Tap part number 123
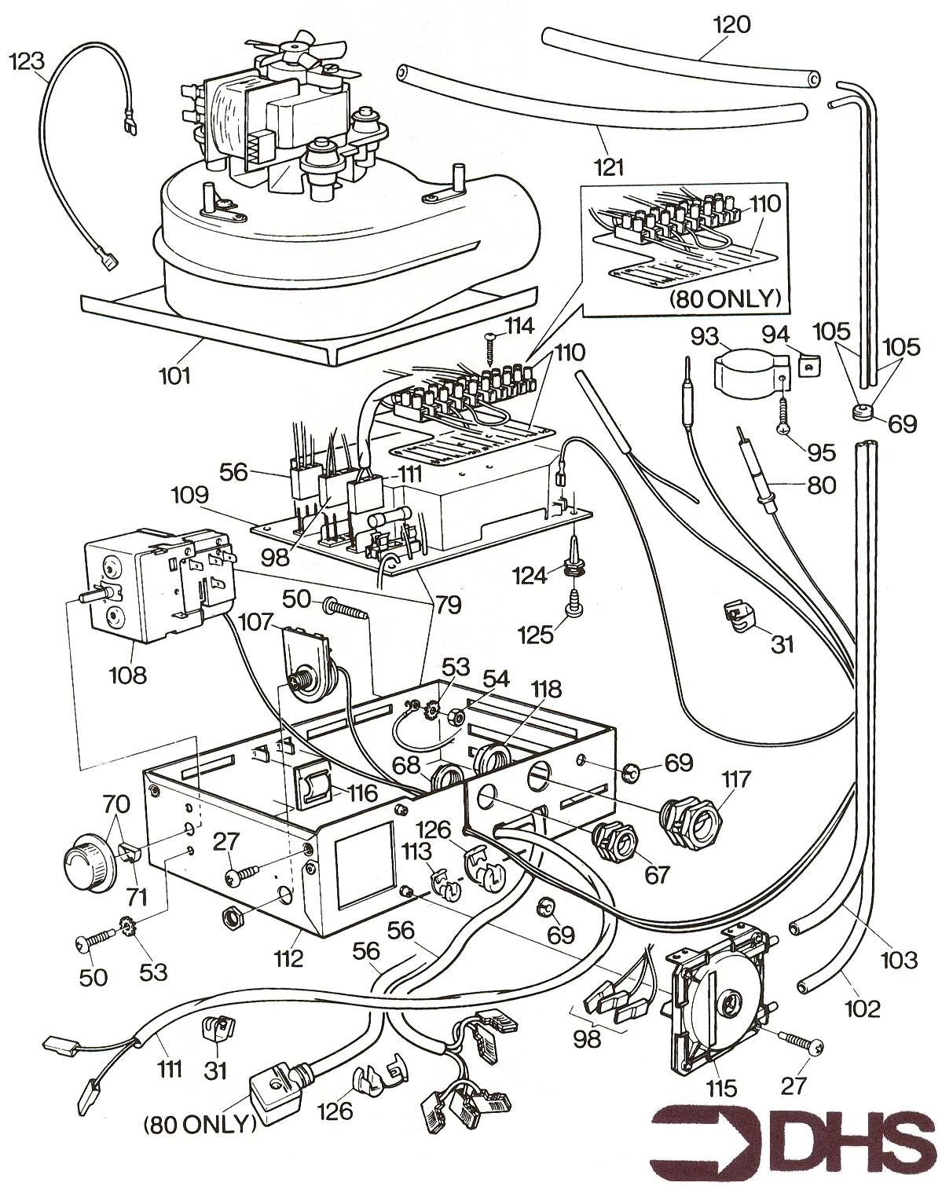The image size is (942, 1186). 27,60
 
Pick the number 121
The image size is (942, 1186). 610,166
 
